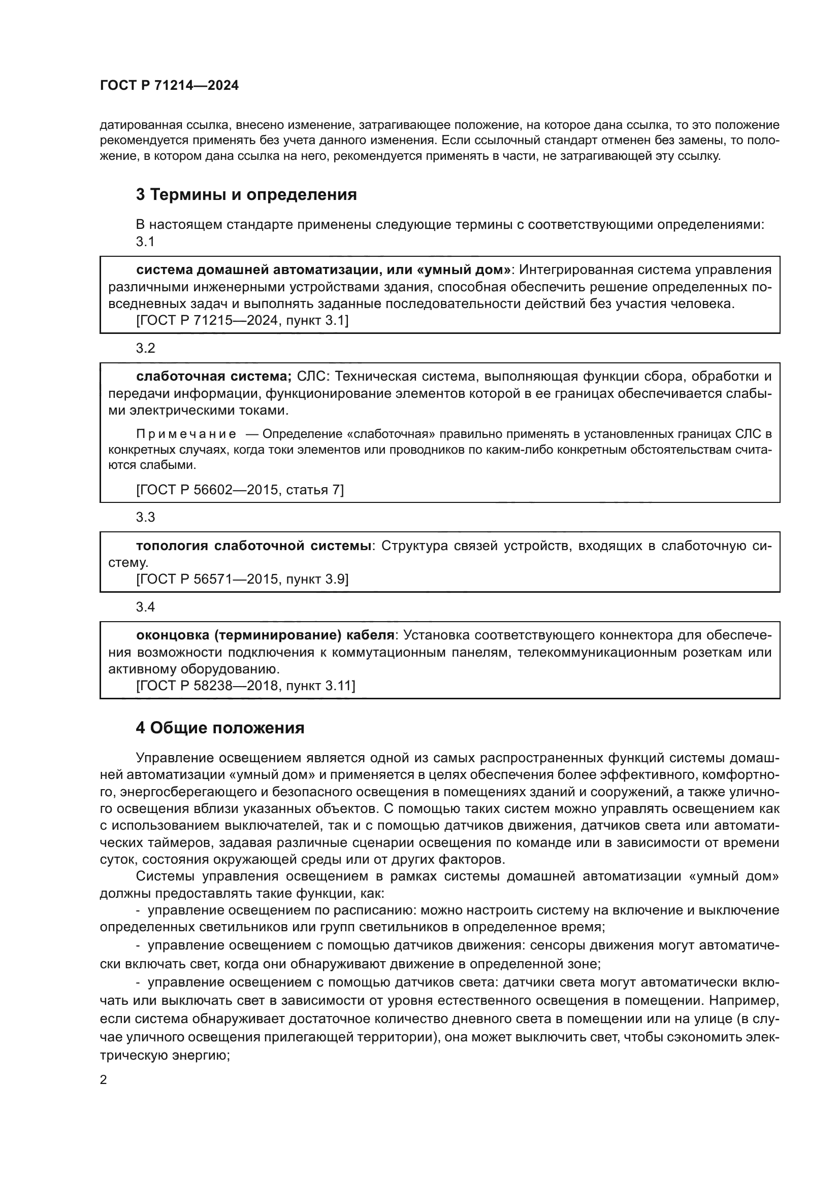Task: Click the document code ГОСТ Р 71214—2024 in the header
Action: tap(169, 86)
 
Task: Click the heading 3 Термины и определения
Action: tap(246, 195)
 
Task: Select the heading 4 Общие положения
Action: tap(220, 728)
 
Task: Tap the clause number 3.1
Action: tap(145, 242)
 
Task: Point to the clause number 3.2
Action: tap(145, 349)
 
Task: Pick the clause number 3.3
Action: tap(145, 518)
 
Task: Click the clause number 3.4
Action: tap(145, 607)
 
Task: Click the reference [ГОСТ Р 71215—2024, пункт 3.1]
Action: tap(242, 321)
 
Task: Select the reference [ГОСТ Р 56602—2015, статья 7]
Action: tap(240, 490)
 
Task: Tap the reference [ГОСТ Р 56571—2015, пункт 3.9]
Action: tap(242, 580)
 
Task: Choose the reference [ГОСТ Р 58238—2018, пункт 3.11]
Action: tap(246, 686)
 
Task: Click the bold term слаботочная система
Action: tap(214, 377)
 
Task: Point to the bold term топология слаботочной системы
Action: tap(253, 546)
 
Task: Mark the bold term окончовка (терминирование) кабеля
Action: tap(265, 635)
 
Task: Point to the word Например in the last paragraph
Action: tap(744, 1001)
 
